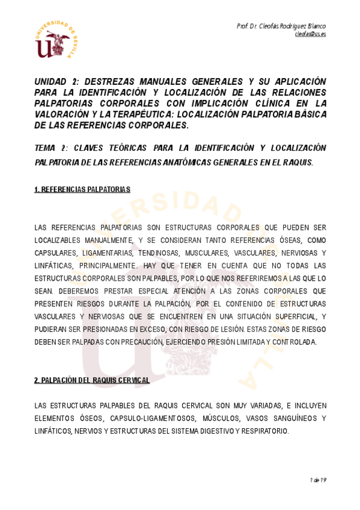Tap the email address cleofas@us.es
(x=310, y=34)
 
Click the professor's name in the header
(x=281, y=26)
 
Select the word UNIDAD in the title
(x=51, y=82)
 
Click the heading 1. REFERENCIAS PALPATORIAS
(x=82, y=189)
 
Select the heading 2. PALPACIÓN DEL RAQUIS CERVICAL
(x=92, y=380)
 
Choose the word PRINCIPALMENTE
(x=106, y=265)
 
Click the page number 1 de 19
(x=318, y=480)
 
